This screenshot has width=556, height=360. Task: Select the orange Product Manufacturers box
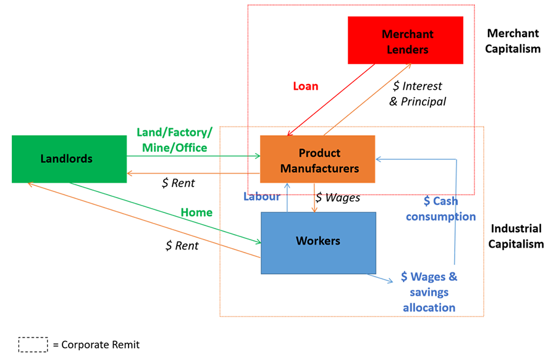click(x=318, y=159)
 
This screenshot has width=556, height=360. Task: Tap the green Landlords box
click(x=69, y=159)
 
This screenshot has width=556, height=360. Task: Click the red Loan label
click(x=305, y=86)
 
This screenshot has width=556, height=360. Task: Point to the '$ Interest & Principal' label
click(x=418, y=93)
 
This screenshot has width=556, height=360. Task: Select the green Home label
click(x=196, y=212)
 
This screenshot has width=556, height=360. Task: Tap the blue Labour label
click(x=261, y=196)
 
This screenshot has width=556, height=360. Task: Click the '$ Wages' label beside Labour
click(x=337, y=198)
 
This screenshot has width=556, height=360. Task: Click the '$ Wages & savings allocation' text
click(x=429, y=291)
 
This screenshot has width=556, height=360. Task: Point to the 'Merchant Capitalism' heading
click(x=513, y=41)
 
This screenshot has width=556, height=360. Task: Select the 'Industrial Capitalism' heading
click(x=515, y=236)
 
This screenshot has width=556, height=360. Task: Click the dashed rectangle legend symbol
click(x=33, y=345)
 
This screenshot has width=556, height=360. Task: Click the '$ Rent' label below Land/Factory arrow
click(x=178, y=182)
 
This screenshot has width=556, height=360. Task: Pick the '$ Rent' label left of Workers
click(x=182, y=245)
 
